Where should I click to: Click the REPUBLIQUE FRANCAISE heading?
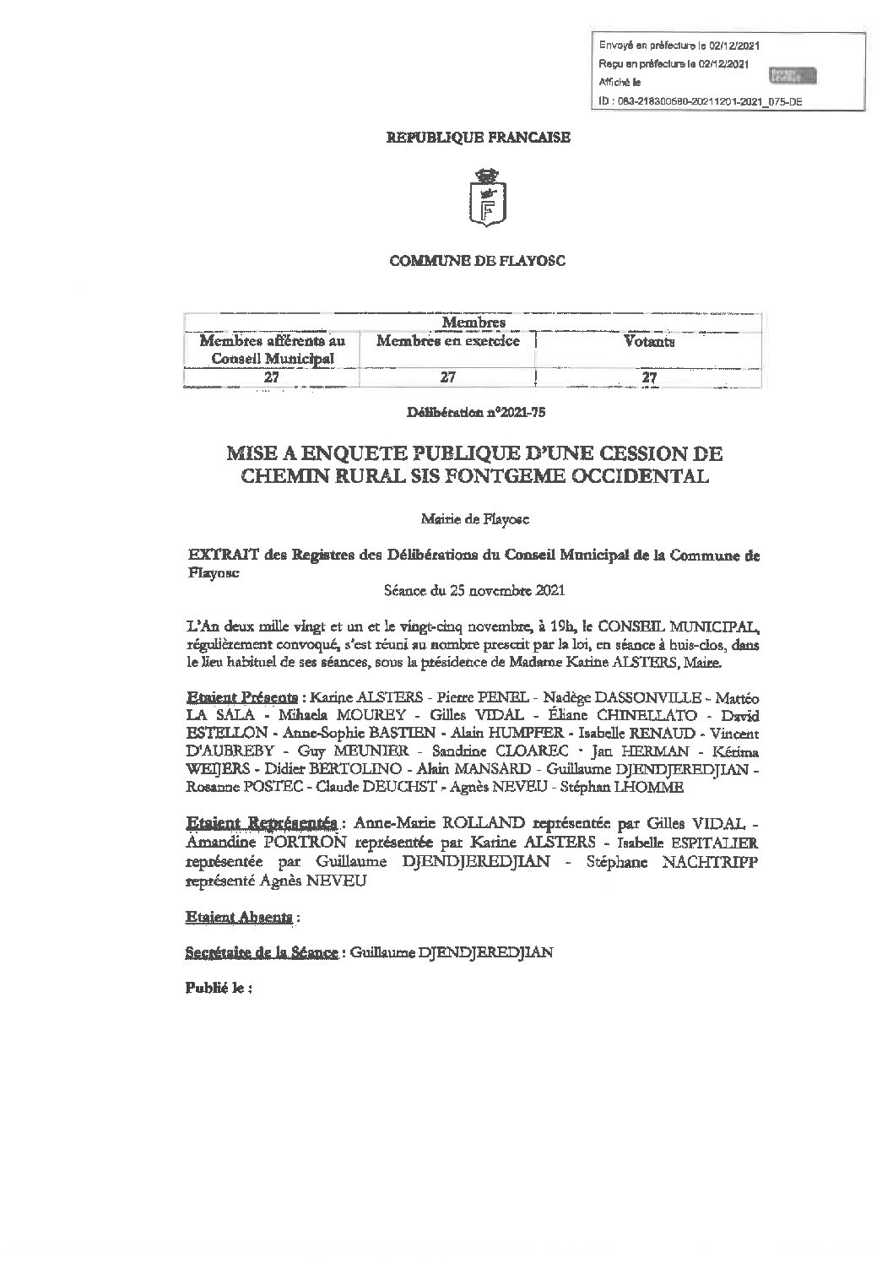[x=478, y=137]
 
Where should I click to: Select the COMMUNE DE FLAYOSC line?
[x=477, y=261]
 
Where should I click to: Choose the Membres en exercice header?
[x=447, y=342]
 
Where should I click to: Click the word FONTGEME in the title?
[x=511, y=476]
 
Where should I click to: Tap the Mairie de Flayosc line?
[x=477, y=520]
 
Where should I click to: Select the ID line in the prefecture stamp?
[x=700, y=101]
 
